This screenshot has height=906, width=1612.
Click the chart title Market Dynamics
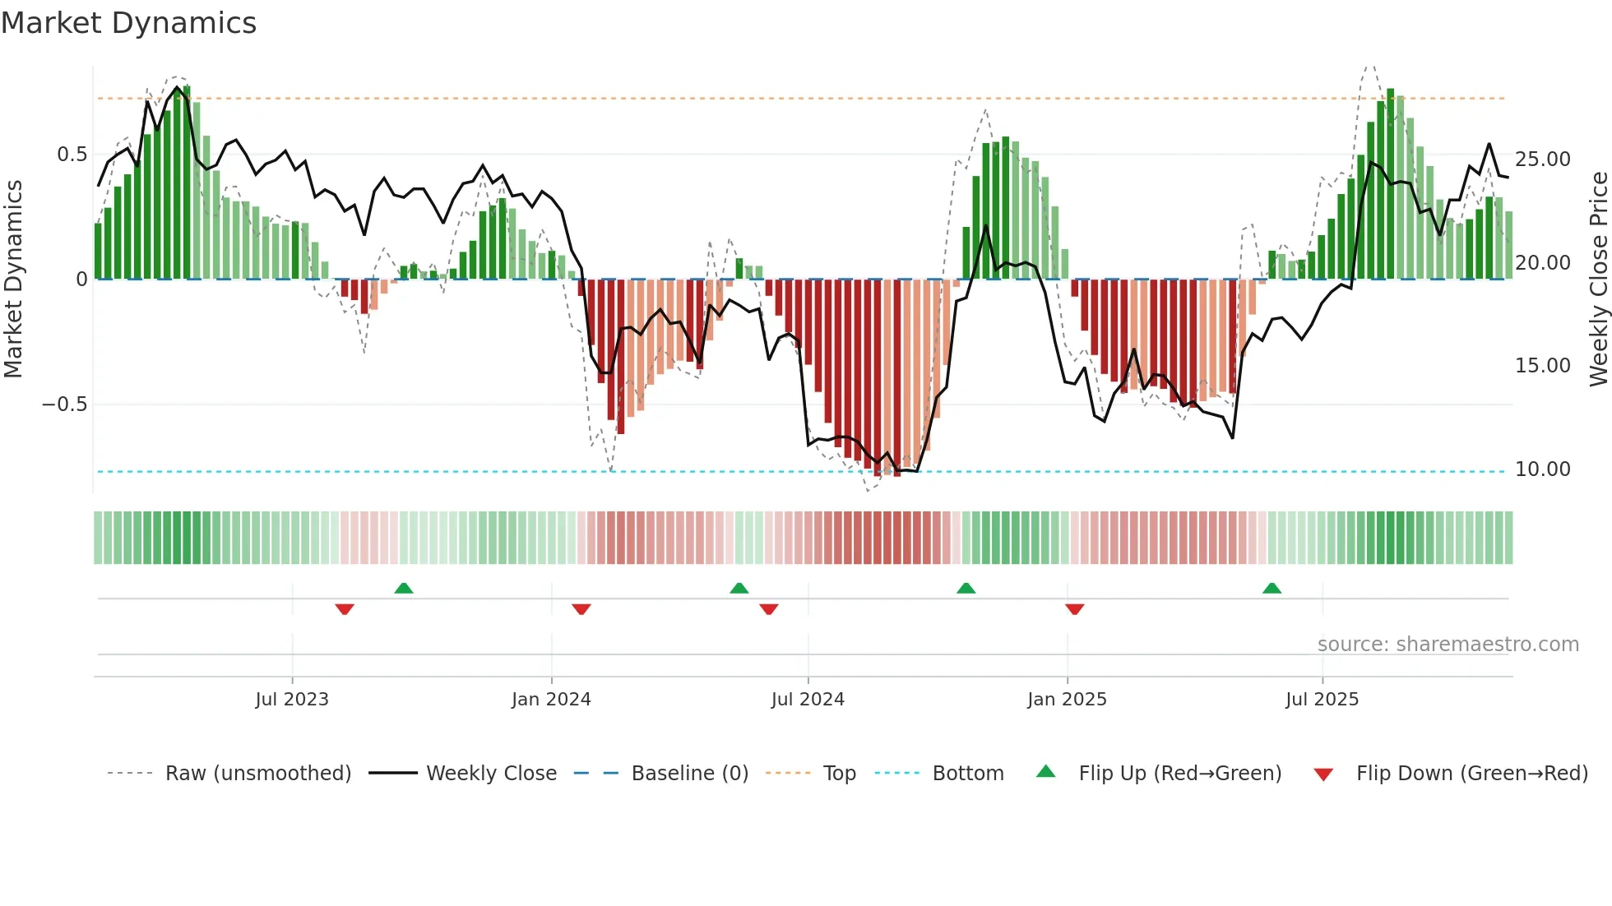click(x=128, y=23)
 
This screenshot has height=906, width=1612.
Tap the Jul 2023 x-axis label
click(x=291, y=700)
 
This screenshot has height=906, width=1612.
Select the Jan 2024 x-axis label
click(x=551, y=700)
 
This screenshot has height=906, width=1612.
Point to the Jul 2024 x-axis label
click(x=808, y=700)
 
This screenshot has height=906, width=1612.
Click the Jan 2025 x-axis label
click(x=1067, y=700)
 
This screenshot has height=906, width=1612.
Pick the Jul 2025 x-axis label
click(x=1322, y=700)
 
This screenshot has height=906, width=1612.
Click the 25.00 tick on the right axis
click(x=1542, y=159)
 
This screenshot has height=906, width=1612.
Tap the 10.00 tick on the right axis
click(x=1542, y=469)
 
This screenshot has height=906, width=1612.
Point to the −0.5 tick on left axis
click(x=64, y=404)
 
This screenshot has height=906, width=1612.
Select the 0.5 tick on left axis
click(x=72, y=155)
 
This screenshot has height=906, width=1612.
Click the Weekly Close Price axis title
click(x=1598, y=280)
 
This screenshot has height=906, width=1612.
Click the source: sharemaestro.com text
click(x=1448, y=645)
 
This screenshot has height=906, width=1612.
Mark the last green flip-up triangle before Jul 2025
click(x=1272, y=588)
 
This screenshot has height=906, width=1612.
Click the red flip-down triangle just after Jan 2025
click(x=1074, y=609)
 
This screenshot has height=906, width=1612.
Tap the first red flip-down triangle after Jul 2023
click(x=345, y=609)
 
